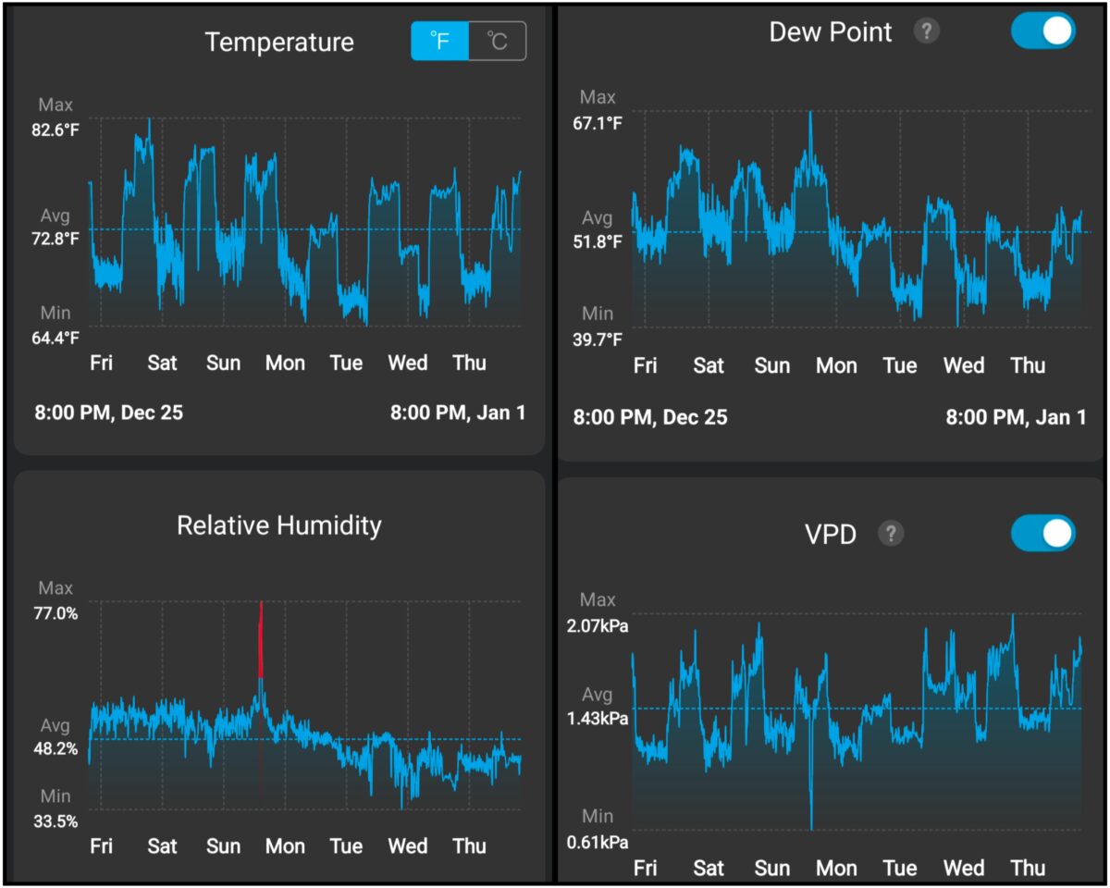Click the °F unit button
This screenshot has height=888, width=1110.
tap(440, 42)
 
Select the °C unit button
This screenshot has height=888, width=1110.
tap(498, 42)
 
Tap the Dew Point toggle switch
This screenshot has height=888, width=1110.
tap(1043, 31)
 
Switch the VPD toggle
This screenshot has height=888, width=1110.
tap(1043, 533)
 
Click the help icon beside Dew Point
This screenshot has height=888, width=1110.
tap(926, 31)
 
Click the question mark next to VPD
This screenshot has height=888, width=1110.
tap(890, 533)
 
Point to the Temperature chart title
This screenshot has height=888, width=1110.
tap(279, 43)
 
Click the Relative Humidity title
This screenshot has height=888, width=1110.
tap(279, 525)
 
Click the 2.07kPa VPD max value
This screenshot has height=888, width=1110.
tap(598, 626)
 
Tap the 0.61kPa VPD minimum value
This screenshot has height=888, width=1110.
tap(598, 842)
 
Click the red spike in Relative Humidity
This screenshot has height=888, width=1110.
tap(261, 638)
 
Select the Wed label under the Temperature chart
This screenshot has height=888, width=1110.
tap(408, 363)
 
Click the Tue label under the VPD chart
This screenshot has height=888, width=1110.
tap(899, 869)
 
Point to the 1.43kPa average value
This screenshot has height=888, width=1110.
tap(598, 719)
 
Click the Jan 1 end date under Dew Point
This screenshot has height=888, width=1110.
tap(1016, 417)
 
